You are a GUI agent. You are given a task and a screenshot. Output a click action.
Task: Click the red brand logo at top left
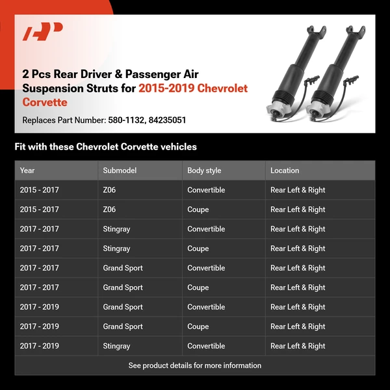(42, 31)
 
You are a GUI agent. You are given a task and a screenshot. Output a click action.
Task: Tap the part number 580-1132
(126, 120)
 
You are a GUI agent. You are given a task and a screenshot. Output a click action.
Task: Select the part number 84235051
(167, 120)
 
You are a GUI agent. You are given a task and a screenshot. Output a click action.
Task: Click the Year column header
(27, 170)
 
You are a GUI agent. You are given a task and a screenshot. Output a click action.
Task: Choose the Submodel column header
(120, 170)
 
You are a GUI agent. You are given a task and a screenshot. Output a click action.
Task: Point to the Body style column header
(204, 170)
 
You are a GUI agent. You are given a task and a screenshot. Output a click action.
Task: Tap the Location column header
(285, 170)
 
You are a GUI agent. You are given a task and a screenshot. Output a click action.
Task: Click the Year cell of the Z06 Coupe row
(39, 209)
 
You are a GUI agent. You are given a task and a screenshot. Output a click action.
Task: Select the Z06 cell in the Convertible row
(109, 190)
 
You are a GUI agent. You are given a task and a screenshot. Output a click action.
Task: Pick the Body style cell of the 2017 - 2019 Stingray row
(206, 346)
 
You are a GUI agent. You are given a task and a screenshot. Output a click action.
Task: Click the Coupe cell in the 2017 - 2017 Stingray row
(198, 248)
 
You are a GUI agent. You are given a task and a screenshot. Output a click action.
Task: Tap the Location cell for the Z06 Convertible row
(298, 190)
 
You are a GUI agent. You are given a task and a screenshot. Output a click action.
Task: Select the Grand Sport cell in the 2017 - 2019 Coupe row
(123, 326)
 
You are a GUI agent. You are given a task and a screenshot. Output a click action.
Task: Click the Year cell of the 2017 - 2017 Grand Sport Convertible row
(39, 268)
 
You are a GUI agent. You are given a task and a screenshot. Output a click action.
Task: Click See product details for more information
(195, 365)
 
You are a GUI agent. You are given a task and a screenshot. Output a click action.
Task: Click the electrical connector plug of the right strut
(351, 80)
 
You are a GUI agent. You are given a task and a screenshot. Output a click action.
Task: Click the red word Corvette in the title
(45, 102)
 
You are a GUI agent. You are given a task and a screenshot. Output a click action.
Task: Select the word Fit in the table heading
(20, 147)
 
